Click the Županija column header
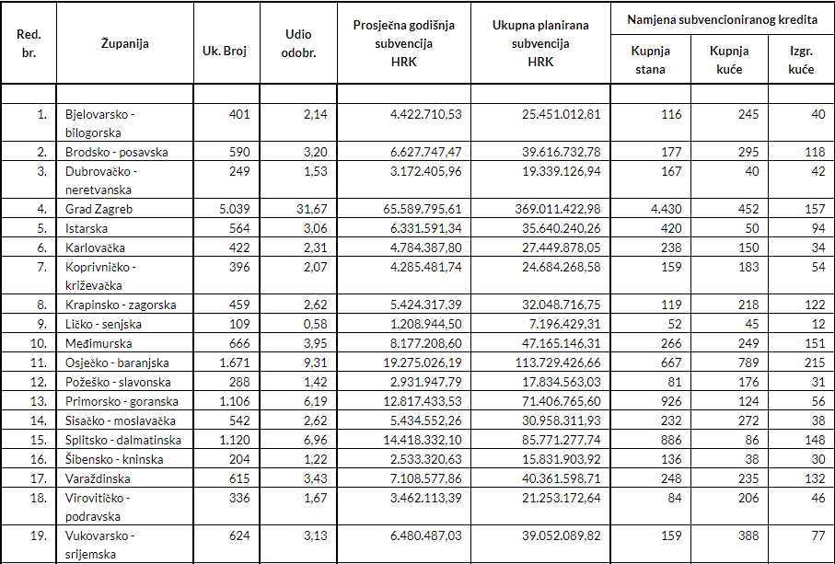[x=125, y=43]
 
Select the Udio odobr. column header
[x=298, y=43]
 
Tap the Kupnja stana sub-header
[x=650, y=60]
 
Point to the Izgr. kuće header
[x=802, y=60]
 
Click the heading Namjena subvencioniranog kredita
[x=722, y=19]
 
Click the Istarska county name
[x=87, y=228]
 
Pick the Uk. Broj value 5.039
[x=235, y=209]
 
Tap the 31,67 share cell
[x=312, y=209]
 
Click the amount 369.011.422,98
[x=558, y=209]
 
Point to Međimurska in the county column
[x=99, y=344]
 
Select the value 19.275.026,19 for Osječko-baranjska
[x=423, y=363]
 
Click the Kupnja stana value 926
[x=671, y=401]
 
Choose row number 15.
[x=39, y=440]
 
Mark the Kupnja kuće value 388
[x=748, y=535]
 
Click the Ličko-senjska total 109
[x=239, y=324]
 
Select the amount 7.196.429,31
[x=562, y=324]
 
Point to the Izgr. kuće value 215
[x=816, y=363]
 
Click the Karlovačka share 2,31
[x=316, y=247]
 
